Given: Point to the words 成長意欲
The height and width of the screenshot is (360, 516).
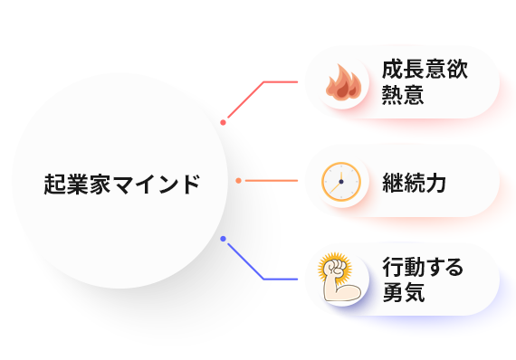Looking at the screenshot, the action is pyautogui.click(x=425, y=71).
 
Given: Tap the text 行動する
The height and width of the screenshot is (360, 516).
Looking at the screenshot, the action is pyautogui.click(x=423, y=267).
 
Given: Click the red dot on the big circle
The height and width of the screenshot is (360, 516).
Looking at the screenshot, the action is pyautogui.click(x=223, y=121).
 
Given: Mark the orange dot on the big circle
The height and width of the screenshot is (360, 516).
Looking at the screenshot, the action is pyautogui.click(x=238, y=181).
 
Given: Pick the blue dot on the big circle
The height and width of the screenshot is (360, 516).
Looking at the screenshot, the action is pyautogui.click(x=223, y=239).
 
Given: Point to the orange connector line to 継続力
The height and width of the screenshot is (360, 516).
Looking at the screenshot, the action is pyautogui.click(x=272, y=181).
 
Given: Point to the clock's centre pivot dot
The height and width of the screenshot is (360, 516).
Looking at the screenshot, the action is pyautogui.click(x=341, y=182).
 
